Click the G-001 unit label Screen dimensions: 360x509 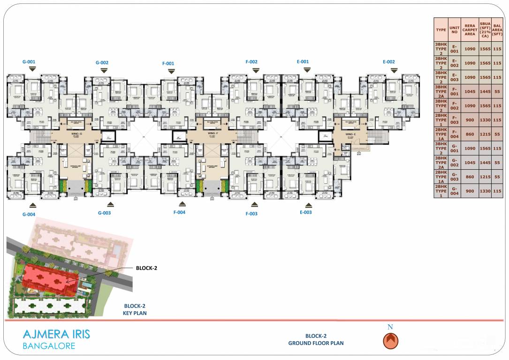29,61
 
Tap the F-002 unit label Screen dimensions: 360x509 251,62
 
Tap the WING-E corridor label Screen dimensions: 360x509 351,134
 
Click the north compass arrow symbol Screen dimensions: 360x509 390,341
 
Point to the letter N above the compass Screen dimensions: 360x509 390,327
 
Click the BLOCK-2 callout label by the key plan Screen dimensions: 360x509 146,268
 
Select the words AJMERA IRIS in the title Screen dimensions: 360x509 56,335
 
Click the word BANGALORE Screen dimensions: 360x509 49,346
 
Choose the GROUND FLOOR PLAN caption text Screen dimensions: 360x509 316,343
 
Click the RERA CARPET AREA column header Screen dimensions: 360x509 470,30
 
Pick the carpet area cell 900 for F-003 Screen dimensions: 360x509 470,120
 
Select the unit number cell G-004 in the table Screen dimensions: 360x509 454,191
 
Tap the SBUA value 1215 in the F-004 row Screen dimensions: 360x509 485,134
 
